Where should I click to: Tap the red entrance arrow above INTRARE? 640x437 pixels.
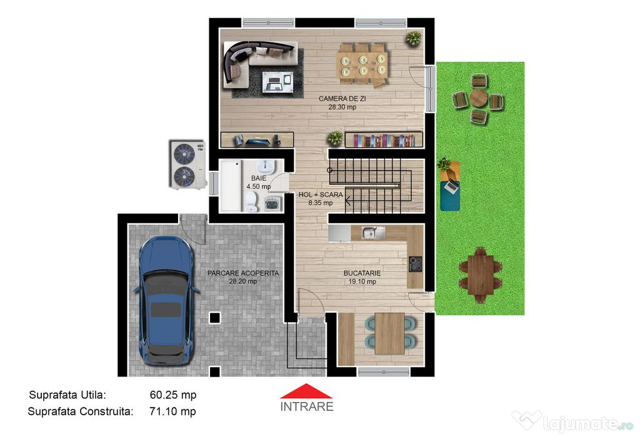(306, 391)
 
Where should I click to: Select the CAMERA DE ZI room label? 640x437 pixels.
(342, 98)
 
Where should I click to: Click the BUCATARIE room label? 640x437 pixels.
(362, 273)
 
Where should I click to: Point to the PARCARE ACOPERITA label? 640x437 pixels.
(243, 273)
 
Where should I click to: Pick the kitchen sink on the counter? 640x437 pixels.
(373, 233)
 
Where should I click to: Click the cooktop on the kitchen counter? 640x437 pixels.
(416, 264)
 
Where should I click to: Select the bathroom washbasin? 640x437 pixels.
(266, 167)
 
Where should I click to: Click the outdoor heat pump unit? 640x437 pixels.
(187, 164)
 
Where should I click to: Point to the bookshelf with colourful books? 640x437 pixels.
(384, 139)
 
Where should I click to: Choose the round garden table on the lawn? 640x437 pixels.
(478, 98)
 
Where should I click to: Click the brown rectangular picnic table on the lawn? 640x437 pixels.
(481, 274)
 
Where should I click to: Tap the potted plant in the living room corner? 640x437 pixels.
(414, 38)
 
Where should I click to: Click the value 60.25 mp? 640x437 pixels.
(173, 395)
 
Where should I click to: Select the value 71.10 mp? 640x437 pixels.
(172, 411)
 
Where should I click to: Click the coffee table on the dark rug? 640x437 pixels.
(277, 81)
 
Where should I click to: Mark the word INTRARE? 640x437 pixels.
(306, 407)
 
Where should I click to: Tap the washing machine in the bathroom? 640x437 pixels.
(272, 204)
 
